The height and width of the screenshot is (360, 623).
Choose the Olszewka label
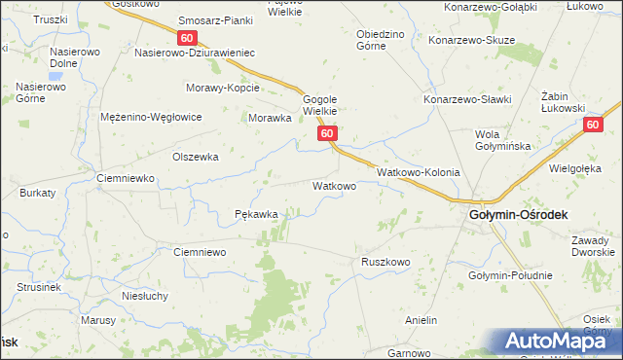195,156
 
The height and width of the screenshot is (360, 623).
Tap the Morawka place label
271,118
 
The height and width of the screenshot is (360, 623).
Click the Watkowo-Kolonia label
418,171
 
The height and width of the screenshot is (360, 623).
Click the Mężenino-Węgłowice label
151,117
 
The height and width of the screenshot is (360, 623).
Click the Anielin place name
421,320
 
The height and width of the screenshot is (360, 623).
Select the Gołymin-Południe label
509,275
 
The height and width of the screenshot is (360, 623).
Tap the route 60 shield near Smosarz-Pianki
188,37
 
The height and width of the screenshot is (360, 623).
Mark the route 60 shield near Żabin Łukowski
593,125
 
